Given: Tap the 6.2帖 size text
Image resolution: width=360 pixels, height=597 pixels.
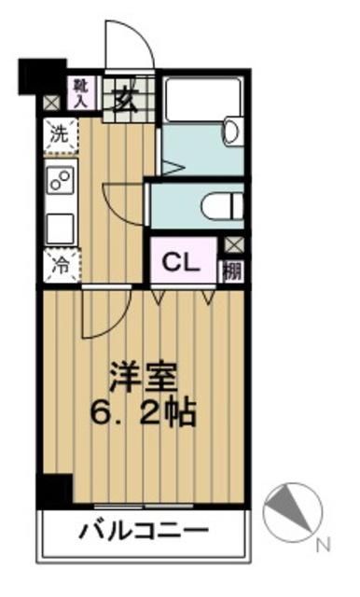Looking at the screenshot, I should [x=143, y=410].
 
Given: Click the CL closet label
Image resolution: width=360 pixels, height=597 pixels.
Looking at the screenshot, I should [x=182, y=262].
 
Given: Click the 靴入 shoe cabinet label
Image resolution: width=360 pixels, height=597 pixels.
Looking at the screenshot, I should [x=80, y=92].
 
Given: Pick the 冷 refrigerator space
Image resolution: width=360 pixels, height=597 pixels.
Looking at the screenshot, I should [x=59, y=265].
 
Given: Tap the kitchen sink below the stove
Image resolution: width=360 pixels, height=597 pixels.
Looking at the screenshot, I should [x=61, y=225].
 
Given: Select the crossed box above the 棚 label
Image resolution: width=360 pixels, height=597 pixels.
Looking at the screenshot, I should [x=231, y=245].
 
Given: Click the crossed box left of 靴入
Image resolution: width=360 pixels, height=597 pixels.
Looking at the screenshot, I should [x=50, y=103].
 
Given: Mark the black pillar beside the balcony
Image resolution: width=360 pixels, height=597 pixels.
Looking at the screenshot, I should [x=56, y=490].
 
